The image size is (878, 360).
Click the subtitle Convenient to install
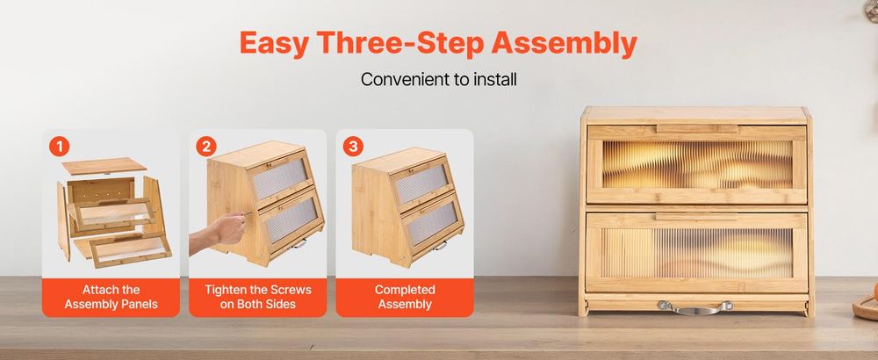(438, 80)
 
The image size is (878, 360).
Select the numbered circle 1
(60, 147)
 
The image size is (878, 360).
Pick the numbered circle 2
(206, 147)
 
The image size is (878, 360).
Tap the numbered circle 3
(353, 147)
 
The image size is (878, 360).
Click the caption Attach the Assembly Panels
(111, 298)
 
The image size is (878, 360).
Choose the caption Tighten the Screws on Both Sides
(257, 298)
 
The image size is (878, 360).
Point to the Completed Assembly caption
(405, 298)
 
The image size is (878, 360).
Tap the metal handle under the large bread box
(694, 307)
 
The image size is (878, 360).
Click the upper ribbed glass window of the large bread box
(697, 164)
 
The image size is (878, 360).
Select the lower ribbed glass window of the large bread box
(697, 253)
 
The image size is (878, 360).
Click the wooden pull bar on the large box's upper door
(696, 129)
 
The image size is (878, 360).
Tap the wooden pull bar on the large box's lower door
(696, 217)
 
